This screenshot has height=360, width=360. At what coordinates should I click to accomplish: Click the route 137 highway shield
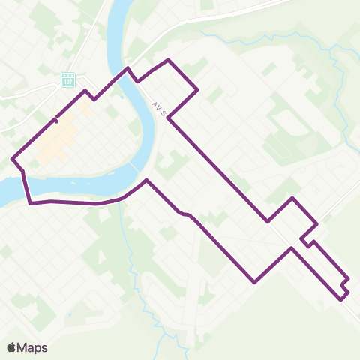pyautogui.click(x=68, y=79)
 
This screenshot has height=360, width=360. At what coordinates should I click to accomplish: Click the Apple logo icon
pyautogui.click(x=11, y=347)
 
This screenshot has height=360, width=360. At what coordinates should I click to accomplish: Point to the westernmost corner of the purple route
pyautogui.click(x=13, y=158)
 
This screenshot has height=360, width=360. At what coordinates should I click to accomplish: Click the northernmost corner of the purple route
pyautogui.click(x=168, y=59)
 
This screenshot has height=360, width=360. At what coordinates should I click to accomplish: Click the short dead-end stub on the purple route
pyautogui.click(x=55, y=119)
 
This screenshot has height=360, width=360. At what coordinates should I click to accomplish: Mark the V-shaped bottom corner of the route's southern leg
pyautogui.click(x=255, y=282)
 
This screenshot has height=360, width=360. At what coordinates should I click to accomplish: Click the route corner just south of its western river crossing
pyautogui.click(x=30, y=202)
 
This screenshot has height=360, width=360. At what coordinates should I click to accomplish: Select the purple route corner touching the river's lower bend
pyautogui.click(x=146, y=181)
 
